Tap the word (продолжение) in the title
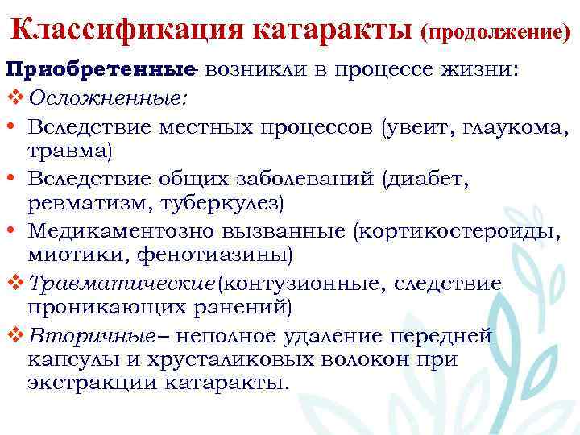494,33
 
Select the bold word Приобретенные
101,70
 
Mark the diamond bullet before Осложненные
14,98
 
